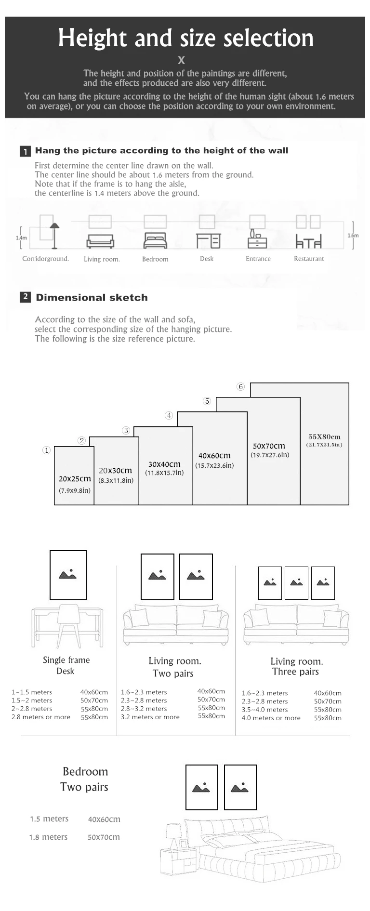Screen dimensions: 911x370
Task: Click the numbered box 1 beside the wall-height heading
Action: click(x=25, y=151)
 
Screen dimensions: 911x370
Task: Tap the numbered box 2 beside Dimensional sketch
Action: click(x=26, y=297)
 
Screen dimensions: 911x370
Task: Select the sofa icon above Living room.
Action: click(x=100, y=241)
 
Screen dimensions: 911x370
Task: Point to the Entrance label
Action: click(x=258, y=259)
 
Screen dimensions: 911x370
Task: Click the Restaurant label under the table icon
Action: click(x=309, y=259)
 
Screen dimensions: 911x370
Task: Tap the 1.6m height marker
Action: click(x=353, y=236)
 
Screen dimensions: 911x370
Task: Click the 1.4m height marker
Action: click(x=21, y=238)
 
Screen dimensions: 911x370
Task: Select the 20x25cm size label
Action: click(x=75, y=479)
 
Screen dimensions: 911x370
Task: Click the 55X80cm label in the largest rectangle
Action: click(x=324, y=436)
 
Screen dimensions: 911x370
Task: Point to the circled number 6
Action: click(x=241, y=387)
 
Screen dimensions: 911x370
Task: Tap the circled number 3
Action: click(x=126, y=431)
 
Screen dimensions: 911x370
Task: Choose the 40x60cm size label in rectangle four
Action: click(x=214, y=456)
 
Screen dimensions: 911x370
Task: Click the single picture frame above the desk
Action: click(x=68, y=575)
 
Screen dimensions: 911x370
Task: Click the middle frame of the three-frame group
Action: click(x=296, y=583)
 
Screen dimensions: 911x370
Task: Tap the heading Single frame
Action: click(x=66, y=660)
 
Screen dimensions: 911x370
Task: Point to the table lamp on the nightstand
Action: click(x=173, y=835)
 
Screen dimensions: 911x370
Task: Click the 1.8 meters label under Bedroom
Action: click(x=48, y=837)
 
